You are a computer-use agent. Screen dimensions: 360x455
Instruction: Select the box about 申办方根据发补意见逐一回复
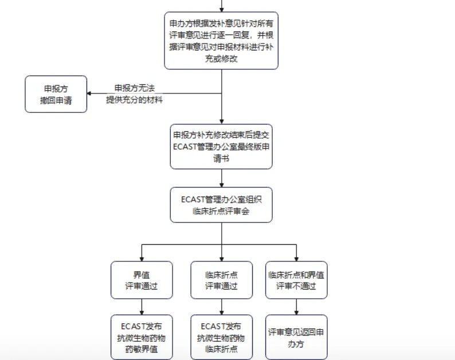(221, 41)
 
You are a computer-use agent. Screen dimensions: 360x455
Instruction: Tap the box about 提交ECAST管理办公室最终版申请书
(221, 147)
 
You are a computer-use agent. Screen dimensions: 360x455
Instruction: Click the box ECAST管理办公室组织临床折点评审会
(221, 205)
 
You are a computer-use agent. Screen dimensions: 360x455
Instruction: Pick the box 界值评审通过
(141, 280)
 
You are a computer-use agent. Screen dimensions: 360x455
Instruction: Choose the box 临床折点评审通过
(221, 280)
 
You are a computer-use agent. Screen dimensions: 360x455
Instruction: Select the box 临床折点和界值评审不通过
(296, 280)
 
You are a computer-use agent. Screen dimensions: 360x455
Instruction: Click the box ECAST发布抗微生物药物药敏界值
(141, 337)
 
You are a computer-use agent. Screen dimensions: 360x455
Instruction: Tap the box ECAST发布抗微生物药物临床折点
(221, 337)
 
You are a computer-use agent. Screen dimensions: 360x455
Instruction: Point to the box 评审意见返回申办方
(296, 337)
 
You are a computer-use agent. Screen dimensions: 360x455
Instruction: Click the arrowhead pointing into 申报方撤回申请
(91, 93)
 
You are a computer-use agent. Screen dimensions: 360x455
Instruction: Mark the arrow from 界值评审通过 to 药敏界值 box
(141, 306)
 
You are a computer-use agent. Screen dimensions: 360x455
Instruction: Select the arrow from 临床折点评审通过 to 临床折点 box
(221, 306)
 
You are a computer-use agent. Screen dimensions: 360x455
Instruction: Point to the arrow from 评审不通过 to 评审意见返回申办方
(296, 306)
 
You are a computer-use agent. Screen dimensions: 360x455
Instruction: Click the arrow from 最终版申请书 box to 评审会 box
(221, 178)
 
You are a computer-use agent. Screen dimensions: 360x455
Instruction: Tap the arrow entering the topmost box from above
(221, 6)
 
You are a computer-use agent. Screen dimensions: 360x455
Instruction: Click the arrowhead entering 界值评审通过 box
(141, 258)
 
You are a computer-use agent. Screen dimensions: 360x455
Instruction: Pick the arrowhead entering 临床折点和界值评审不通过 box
(296, 258)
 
